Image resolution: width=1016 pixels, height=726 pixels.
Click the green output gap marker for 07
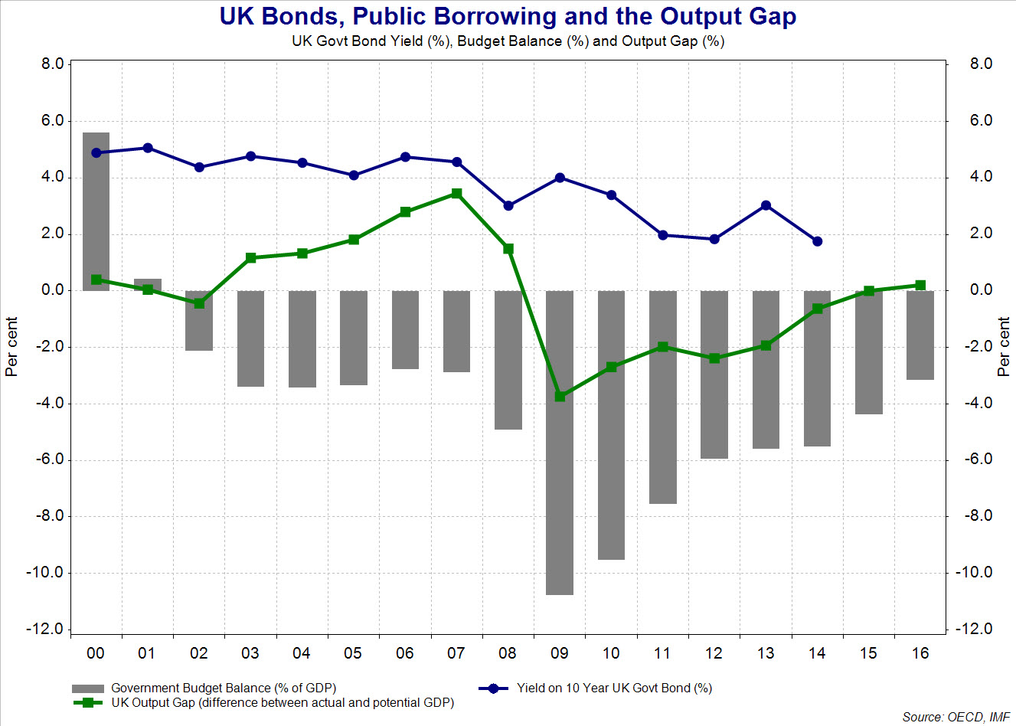coord(456,194)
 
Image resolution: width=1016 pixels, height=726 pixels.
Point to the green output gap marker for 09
coord(560,396)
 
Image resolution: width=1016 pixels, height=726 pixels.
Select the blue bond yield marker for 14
coord(817,241)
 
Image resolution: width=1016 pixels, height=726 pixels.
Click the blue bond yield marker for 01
coord(148,148)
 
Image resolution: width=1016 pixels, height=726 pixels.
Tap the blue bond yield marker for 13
coord(766,205)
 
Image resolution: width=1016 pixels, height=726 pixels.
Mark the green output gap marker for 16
coord(920,285)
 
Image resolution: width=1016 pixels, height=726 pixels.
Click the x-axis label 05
coord(353,653)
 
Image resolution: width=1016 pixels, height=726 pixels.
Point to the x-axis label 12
coord(714,653)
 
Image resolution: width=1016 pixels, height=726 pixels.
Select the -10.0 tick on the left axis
coord(47,572)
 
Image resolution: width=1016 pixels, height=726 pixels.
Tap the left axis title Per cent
coord(11,346)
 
